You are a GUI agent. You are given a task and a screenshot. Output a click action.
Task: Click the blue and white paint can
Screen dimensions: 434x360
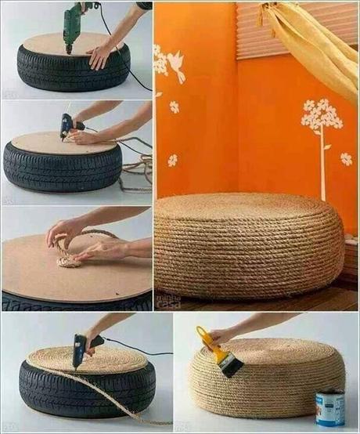click(x=329, y=407)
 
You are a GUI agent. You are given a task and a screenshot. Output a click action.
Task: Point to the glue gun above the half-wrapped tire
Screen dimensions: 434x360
click(x=81, y=349)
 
